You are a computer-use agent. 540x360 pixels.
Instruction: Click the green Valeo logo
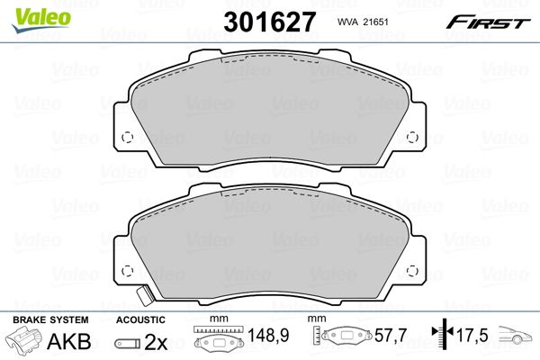pos(41,20)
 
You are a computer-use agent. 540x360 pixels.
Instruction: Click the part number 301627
pos(269,22)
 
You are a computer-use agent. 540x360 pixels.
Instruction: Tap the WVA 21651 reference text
pos(363,22)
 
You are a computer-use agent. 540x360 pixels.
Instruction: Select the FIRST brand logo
pos(488,22)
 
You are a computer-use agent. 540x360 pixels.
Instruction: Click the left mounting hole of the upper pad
pos(128,138)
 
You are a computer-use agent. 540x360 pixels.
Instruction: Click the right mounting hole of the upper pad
pos(412,138)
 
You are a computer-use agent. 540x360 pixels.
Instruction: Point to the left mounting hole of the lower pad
pos(128,271)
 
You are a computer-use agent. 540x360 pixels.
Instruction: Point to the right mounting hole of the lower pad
pos(412,271)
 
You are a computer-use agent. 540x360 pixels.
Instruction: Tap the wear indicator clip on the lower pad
pos(144,295)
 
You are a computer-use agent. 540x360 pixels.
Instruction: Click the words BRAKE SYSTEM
pos(50,319)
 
